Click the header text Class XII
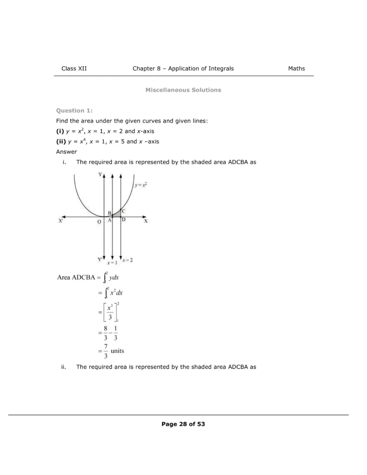pos(74,69)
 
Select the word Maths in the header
pos(296,69)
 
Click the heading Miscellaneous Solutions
pos(183,90)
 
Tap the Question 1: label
pos(74,110)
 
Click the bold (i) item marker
pos(60,131)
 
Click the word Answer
pos(66,152)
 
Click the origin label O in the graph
pos(99,222)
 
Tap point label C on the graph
pos(123,211)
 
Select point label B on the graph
pos(109,213)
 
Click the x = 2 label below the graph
pos(128,260)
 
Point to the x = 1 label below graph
pos(112,263)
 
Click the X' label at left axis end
pos(60,222)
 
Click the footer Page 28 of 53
pos(183,424)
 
